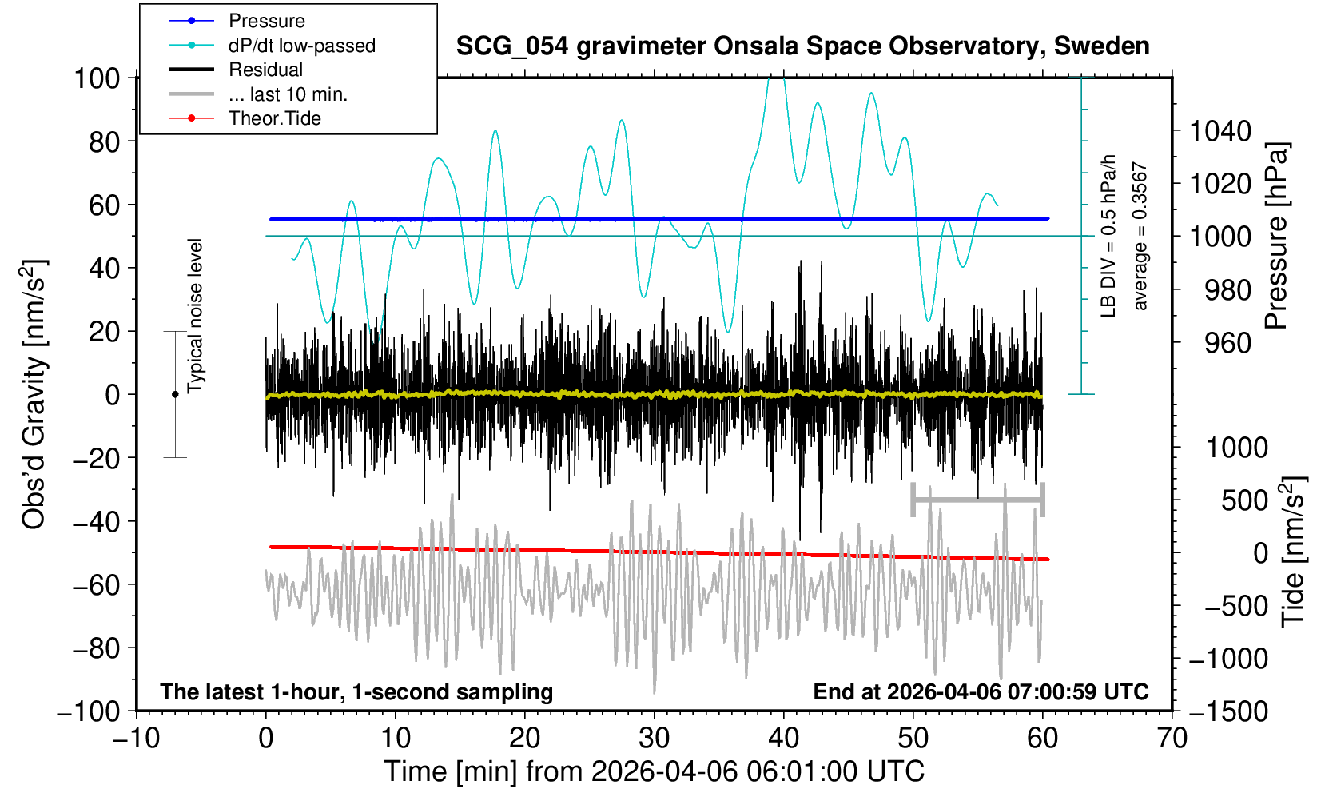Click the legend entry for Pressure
pos(266,21)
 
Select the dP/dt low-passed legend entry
pos(301,46)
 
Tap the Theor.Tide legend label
pos(274,118)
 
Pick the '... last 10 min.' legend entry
pos(288,94)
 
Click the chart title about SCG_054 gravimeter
pos(802,46)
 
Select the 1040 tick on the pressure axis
pos(1220,130)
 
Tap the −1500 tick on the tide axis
pos(1228,711)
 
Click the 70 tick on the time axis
pos(1172,738)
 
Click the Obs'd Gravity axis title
pos(35,394)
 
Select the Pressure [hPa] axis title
pos(1277,236)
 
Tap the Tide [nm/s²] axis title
pos(1292,552)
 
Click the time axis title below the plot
pos(654,771)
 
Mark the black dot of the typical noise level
pos(175,394)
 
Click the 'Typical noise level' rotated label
pos(195,316)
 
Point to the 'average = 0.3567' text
pos(1140,237)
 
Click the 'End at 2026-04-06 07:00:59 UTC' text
pos(981,691)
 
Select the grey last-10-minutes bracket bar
pos(977,500)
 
